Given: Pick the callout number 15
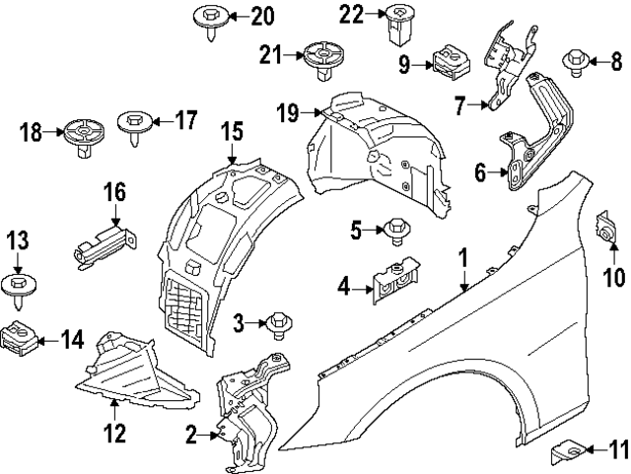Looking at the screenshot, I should (x=231, y=130).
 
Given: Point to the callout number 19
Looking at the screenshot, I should (x=287, y=114).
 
